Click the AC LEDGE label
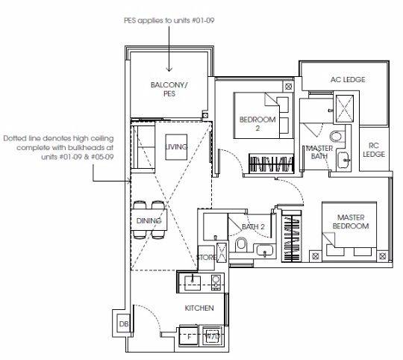point(348,79)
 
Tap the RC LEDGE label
point(374,150)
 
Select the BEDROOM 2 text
point(257,124)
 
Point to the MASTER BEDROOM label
point(351,222)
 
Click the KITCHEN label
point(199,308)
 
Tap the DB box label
point(124,324)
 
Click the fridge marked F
point(189,335)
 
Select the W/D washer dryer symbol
point(212,335)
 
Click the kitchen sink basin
point(193,282)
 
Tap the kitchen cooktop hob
point(216,282)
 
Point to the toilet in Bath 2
point(241,243)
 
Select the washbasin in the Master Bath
point(343,160)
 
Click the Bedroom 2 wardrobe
point(271,163)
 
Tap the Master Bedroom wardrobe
point(292,236)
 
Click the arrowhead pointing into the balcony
point(169,69)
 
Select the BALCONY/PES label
point(169,89)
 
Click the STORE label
point(206,257)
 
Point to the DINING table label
point(149,220)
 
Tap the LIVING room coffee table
point(176,147)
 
